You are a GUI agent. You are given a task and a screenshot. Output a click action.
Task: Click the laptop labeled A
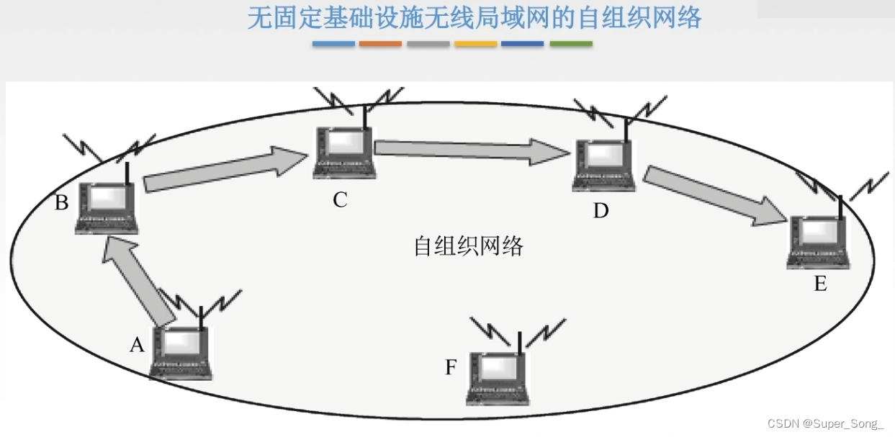[x=181, y=353]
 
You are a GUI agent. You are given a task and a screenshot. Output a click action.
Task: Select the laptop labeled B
[x=107, y=207]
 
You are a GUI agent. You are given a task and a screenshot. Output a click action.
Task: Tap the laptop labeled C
[x=344, y=153]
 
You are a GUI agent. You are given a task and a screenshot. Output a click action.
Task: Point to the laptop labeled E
[x=819, y=241]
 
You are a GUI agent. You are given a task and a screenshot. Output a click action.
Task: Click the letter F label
[x=451, y=368]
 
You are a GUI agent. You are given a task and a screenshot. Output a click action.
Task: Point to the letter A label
[x=137, y=346]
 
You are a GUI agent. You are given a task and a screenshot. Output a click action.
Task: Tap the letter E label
[x=820, y=284]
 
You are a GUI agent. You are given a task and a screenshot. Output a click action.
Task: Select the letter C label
[x=340, y=200]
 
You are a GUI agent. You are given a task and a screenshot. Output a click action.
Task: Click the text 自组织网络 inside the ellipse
[x=468, y=246]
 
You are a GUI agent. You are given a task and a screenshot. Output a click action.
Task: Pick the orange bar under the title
[x=381, y=44]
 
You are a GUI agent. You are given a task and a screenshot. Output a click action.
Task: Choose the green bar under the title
[x=571, y=44]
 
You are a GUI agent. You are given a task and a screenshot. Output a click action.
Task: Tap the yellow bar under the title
[x=476, y=44]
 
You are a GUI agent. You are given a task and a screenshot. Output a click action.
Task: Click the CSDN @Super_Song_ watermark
[x=825, y=423]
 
